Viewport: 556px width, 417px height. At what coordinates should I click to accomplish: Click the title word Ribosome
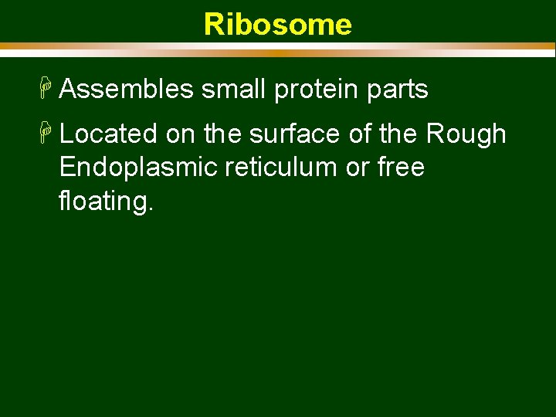pyautogui.click(x=277, y=25)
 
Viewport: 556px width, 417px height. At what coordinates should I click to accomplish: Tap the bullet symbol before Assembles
pyautogui.click(x=48, y=90)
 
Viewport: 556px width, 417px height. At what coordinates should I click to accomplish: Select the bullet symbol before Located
pyautogui.click(x=48, y=134)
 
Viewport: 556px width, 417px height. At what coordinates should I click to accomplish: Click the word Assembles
pyautogui.click(x=126, y=90)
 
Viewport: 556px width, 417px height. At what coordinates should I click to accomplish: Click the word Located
pyautogui.click(x=108, y=134)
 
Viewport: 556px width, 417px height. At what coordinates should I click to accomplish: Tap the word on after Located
pyautogui.click(x=180, y=135)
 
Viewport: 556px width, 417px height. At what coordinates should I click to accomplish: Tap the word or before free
pyautogui.click(x=357, y=168)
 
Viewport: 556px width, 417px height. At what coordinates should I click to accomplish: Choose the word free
pyautogui.click(x=401, y=168)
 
